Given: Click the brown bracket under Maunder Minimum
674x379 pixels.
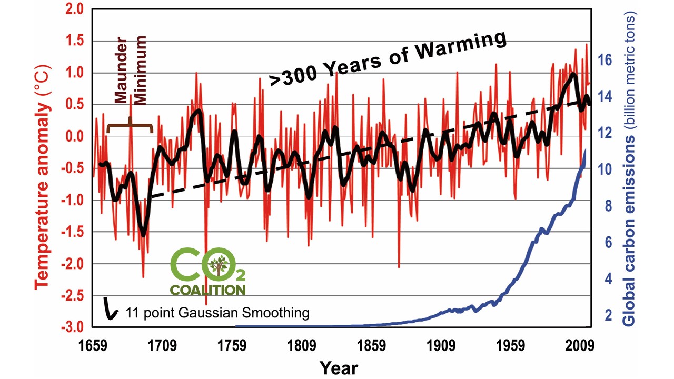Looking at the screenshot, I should point(130,126).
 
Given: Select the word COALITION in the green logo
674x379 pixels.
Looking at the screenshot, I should point(207,290).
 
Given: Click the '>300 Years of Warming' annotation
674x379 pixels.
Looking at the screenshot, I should point(389,58).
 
